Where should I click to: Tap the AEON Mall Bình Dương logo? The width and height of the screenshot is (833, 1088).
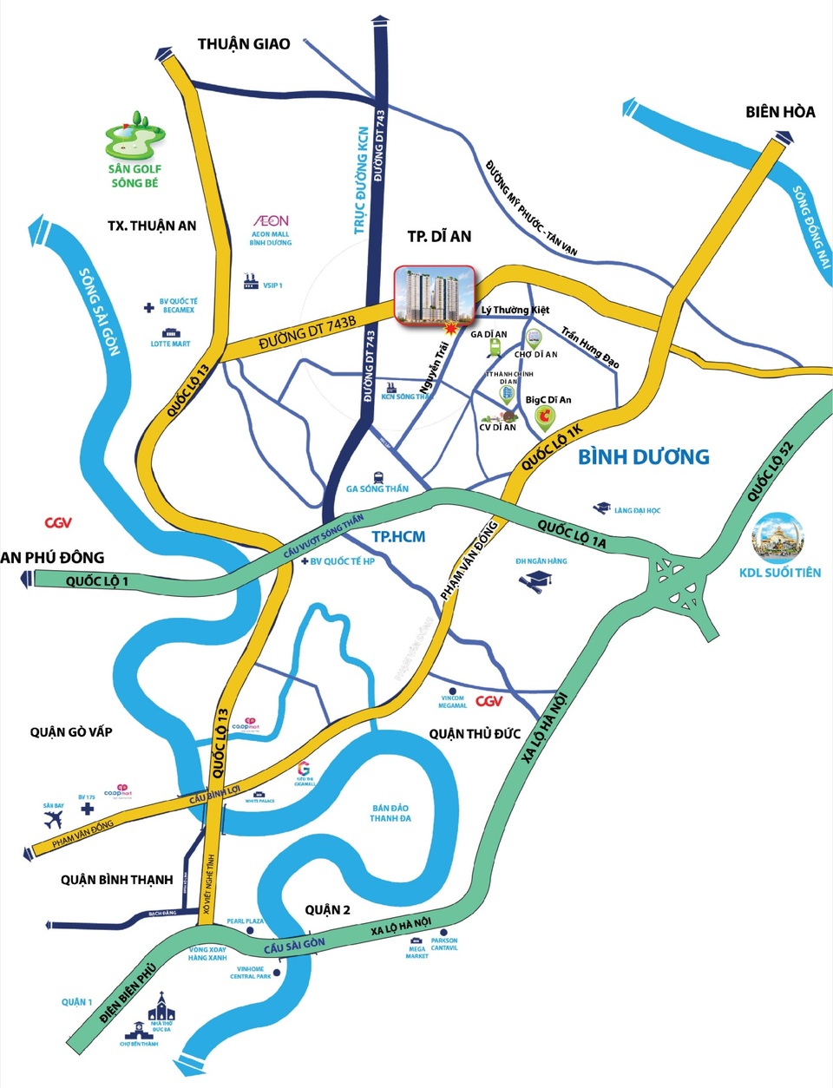[271, 221]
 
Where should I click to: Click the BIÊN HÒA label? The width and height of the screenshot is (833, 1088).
[780, 112]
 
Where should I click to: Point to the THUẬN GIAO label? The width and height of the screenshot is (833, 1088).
[244, 43]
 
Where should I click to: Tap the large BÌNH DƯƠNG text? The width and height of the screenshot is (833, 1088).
[644, 456]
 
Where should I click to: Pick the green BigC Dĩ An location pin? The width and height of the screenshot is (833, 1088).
[545, 420]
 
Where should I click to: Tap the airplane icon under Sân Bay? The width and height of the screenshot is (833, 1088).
[54, 820]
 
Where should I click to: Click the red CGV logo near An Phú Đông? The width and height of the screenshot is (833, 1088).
[58, 523]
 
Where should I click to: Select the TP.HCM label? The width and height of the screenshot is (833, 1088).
[398, 536]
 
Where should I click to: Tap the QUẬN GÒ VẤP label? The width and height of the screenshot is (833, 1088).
[71, 731]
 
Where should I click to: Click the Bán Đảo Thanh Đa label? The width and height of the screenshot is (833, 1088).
[390, 813]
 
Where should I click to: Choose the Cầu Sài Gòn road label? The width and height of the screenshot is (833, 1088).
[294, 945]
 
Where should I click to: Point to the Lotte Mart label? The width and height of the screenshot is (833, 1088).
[170, 344]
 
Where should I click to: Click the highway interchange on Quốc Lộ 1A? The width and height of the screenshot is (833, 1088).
[681, 583]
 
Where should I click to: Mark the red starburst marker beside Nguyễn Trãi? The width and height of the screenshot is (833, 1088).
[450, 327]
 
